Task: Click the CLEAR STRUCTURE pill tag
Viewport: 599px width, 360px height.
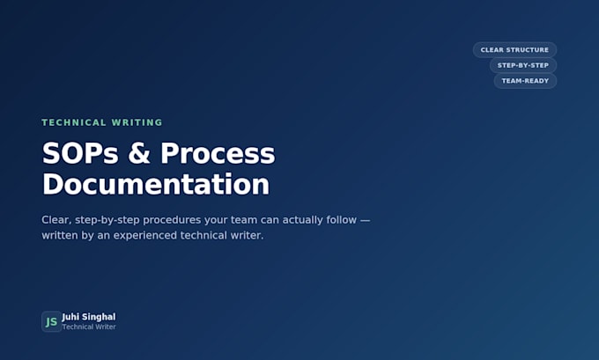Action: pos(514,50)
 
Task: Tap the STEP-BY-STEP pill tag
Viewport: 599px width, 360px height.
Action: pos(523,65)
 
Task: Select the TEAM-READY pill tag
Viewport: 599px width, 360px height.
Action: pos(525,81)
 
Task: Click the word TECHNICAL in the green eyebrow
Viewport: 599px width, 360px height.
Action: pos(74,122)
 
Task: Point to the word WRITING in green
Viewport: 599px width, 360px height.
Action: pos(137,122)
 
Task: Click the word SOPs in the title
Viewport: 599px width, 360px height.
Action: pos(80,153)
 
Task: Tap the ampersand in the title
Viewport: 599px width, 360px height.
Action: pos(139,153)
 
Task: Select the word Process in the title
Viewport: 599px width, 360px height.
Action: pos(218,153)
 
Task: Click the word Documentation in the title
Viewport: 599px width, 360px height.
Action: pos(156,184)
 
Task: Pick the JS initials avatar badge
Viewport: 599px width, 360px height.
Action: pos(52,321)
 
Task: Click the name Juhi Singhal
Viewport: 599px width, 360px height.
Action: pos(89,317)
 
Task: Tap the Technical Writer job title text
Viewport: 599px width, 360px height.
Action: pos(89,327)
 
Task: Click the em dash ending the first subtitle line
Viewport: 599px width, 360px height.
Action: pos(366,220)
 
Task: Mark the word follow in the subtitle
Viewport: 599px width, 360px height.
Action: pos(342,220)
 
